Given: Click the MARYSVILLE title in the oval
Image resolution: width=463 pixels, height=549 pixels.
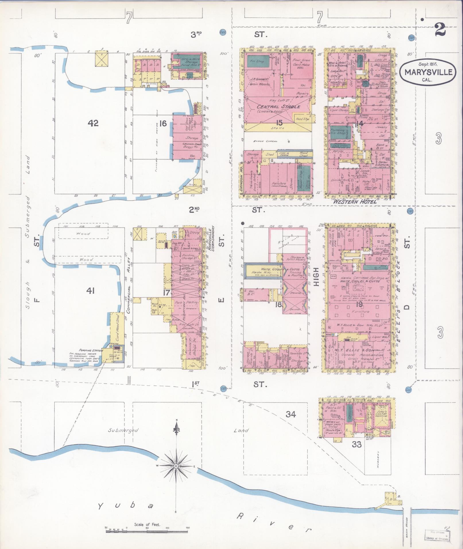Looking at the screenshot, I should tap(426, 72).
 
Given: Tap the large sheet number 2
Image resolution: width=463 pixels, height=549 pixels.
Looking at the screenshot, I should tap(440, 30).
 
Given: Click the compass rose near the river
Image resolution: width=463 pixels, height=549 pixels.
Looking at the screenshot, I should tap(175, 466).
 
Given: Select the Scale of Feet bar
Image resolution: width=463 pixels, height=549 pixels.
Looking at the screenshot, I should tap(147, 531).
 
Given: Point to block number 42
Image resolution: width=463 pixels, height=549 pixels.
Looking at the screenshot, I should tap(93, 123).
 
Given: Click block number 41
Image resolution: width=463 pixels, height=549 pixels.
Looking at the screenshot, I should tap(90, 291).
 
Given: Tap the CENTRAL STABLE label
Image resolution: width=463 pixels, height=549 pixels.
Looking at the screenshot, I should tap(274, 107).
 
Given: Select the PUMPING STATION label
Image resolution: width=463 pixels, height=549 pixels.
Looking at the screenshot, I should tap(84, 350).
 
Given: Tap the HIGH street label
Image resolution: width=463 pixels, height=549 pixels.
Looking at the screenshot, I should tap(316, 276).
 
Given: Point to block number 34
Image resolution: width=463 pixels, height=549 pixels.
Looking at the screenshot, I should tap(291, 414).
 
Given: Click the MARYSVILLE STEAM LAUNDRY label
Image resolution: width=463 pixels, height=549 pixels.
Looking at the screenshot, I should tap(213, 238).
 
